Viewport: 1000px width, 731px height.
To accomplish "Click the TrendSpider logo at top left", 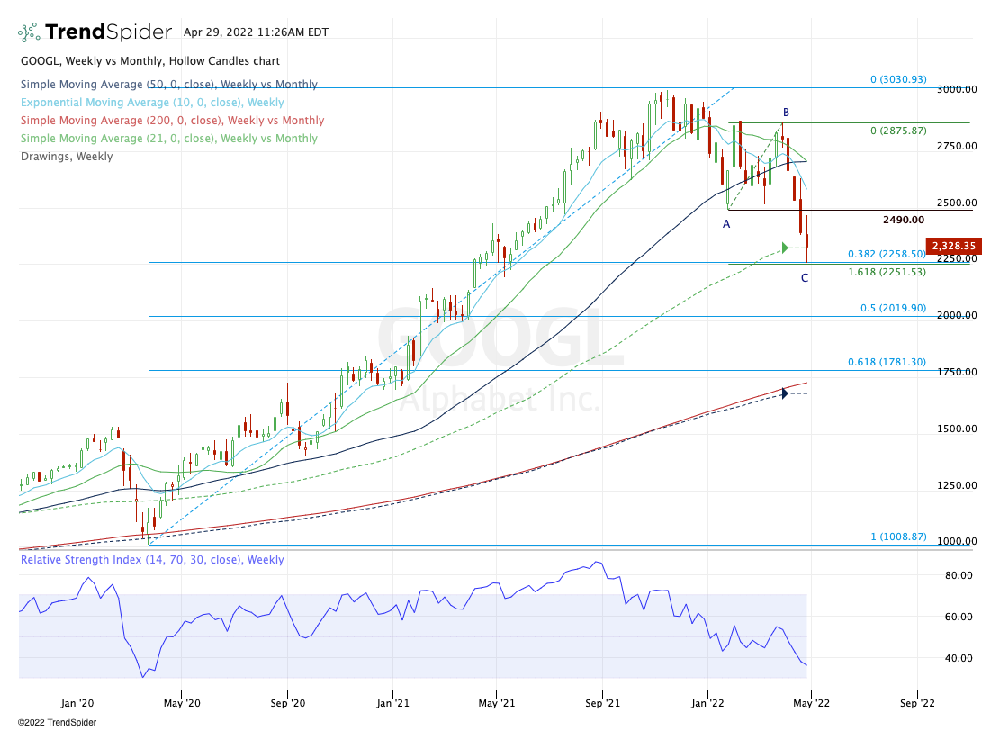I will click(95, 32).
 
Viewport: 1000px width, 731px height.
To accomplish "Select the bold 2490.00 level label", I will click(904, 220).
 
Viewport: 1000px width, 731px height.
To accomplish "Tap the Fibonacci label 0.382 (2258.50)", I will click(887, 255).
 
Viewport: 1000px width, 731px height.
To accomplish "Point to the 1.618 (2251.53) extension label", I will click(887, 271).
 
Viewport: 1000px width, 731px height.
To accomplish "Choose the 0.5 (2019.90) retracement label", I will click(893, 308).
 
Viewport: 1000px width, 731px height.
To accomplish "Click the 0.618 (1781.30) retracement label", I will click(887, 362).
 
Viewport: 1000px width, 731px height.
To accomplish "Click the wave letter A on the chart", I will click(726, 224).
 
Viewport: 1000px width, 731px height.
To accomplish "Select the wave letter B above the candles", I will click(785, 113).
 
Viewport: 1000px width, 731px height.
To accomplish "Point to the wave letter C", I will click(805, 278).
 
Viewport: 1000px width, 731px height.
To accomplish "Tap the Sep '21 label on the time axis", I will click(602, 703).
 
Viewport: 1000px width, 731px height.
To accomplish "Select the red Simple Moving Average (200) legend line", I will click(172, 121).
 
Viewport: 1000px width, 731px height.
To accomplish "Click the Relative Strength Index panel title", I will click(152, 560).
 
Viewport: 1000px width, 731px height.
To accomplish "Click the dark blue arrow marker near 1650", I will click(785, 393).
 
